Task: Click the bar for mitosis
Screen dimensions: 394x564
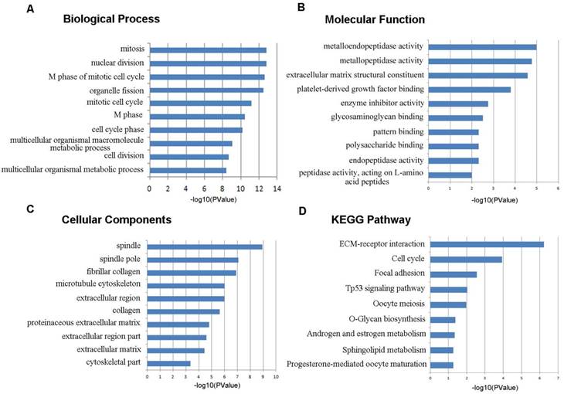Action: click(x=208, y=50)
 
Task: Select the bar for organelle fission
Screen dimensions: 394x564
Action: click(x=206, y=90)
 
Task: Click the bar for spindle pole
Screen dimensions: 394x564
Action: click(x=193, y=260)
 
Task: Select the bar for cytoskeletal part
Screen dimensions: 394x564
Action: click(x=169, y=362)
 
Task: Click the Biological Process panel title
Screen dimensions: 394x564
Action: click(x=122, y=18)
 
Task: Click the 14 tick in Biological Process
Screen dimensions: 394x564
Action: click(x=277, y=187)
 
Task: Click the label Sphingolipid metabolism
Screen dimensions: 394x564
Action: click(x=382, y=349)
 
